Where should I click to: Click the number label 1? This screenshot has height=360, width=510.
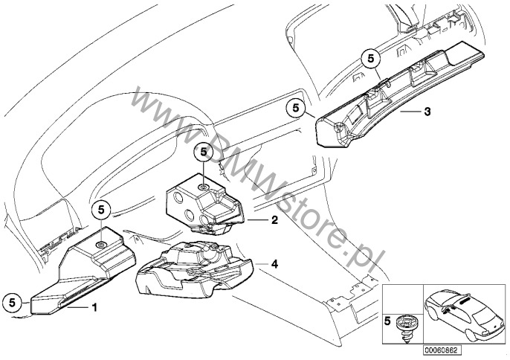tap(94, 306)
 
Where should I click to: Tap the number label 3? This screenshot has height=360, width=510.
tap(427, 112)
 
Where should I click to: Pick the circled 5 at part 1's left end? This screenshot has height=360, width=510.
tap(13, 303)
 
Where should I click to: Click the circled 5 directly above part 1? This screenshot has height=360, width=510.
tap(102, 210)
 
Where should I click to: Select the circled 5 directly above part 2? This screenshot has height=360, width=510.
tap(203, 152)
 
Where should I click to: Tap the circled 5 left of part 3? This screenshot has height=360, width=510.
tap(296, 108)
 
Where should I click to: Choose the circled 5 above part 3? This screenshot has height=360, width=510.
tap(369, 57)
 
